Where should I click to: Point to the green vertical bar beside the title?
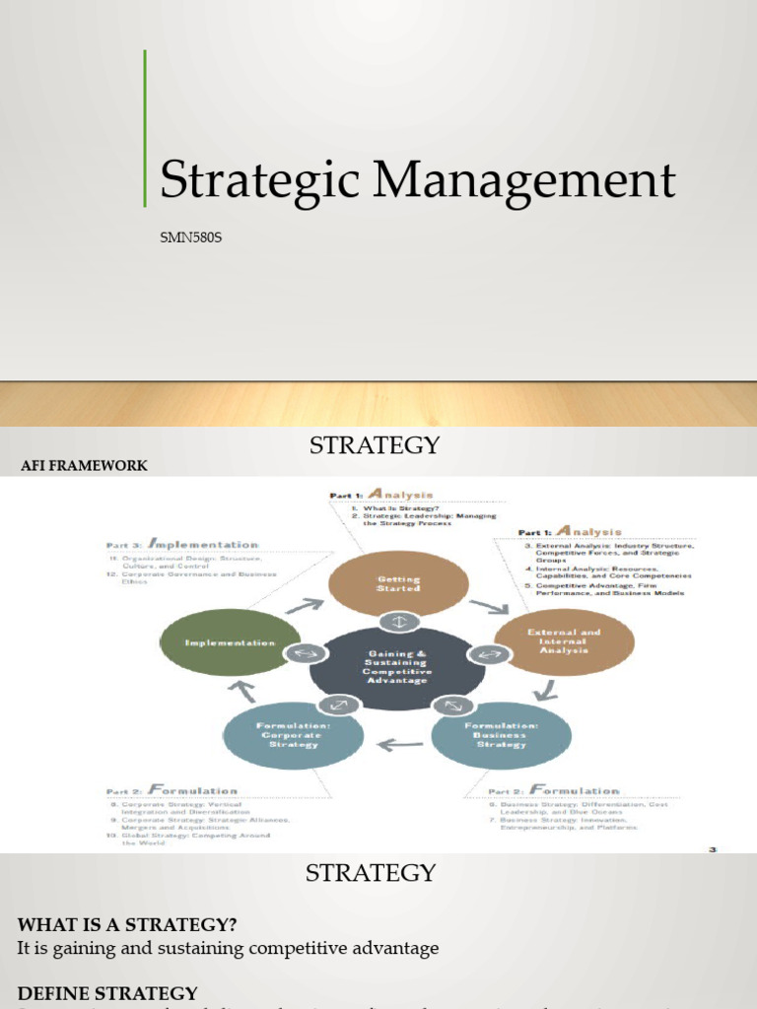pyautogui.click(x=145, y=128)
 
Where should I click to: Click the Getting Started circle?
pyautogui.click(x=398, y=584)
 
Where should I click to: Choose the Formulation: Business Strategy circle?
pyautogui.click(x=501, y=733)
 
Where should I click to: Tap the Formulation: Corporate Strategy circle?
pyautogui.click(x=294, y=734)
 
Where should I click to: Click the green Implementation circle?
pyautogui.click(x=231, y=642)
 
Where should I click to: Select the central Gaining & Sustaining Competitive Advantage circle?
pyautogui.click(x=397, y=666)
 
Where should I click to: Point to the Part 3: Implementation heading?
pyautogui.click(x=182, y=544)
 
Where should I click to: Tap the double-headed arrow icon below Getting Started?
pyautogui.click(x=398, y=622)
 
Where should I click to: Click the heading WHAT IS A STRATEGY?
pyautogui.click(x=127, y=924)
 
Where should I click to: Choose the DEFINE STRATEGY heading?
pyautogui.click(x=107, y=993)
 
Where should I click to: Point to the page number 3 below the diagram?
pyautogui.click(x=712, y=847)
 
